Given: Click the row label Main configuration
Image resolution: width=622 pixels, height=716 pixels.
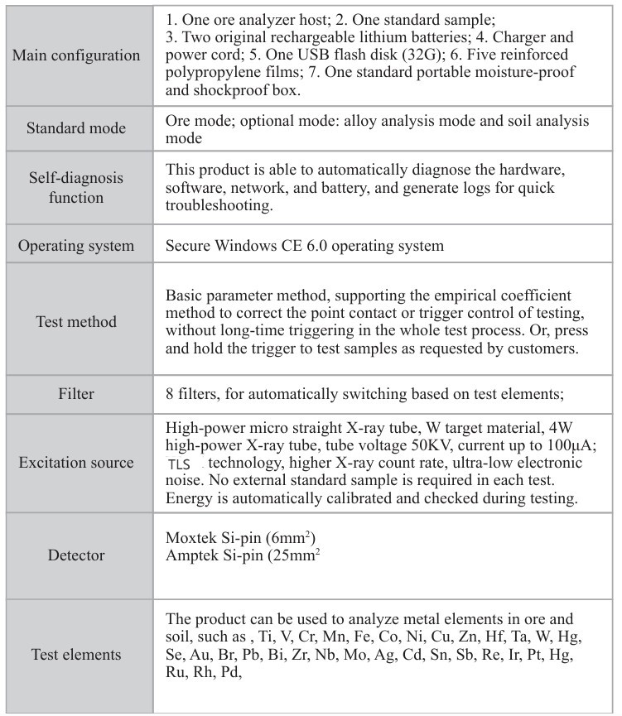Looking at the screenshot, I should pos(76,55).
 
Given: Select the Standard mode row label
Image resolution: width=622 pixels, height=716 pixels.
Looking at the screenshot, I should pos(76,128).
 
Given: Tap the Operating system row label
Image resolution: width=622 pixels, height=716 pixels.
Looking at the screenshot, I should pos(76,246).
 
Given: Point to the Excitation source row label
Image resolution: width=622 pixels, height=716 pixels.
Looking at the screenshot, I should pos(76,463).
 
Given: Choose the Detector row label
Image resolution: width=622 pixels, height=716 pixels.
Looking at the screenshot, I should pos(76,555).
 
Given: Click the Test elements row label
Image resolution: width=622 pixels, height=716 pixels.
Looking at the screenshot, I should pos(76,655).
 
